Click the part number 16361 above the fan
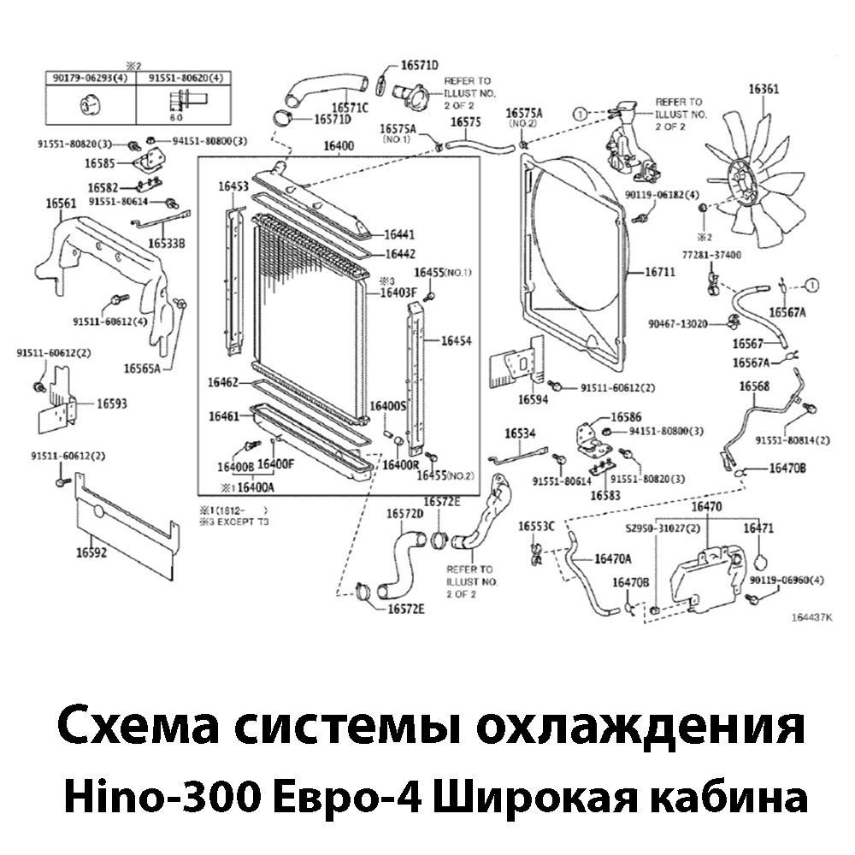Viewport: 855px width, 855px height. point(764,89)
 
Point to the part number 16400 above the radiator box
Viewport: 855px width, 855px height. point(338,146)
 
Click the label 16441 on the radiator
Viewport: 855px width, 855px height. point(399,234)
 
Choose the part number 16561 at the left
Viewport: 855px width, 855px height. point(61,203)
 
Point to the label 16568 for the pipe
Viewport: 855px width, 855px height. point(754,386)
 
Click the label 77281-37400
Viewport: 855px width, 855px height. point(711,255)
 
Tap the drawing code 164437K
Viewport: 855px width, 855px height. point(811,617)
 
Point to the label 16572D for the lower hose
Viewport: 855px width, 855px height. point(404,514)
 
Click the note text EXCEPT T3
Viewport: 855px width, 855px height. point(243,521)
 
